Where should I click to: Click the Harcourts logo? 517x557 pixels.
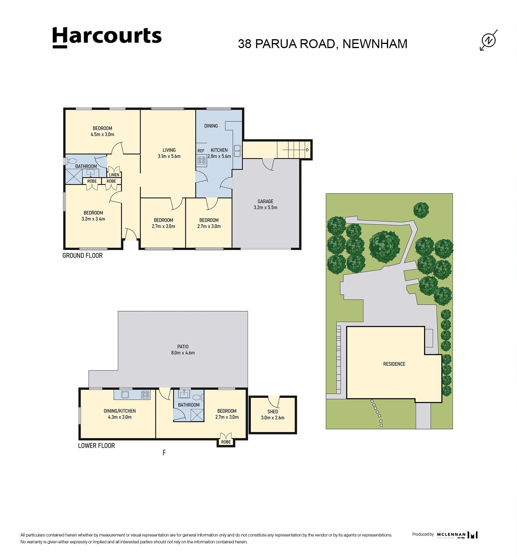107,37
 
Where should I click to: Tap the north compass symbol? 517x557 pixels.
489,40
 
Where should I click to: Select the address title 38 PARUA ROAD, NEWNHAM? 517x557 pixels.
322,44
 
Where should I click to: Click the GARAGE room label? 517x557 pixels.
265,201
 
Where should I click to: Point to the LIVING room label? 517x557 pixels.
169,150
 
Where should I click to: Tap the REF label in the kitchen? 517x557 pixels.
201,151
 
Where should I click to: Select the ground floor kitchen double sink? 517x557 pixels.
237,151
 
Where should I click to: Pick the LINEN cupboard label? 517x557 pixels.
114,175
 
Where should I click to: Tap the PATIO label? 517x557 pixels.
183,346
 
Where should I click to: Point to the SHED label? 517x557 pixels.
273,412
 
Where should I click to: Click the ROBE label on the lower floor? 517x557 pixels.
226,442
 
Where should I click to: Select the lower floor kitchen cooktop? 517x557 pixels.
145,395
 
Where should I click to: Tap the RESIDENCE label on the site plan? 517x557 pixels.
394,364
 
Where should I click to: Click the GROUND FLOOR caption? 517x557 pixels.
83,255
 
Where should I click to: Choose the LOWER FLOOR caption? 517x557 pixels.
97,445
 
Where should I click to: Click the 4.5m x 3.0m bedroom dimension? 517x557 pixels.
102,134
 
